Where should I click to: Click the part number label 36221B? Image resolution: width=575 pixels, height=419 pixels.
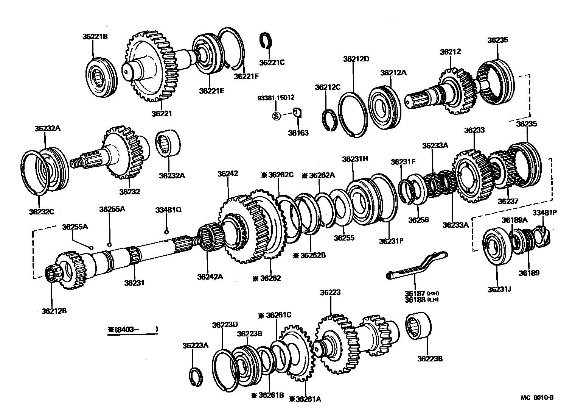[95, 37]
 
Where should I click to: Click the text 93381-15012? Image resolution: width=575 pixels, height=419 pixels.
[276, 98]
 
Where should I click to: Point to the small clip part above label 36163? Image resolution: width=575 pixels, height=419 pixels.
[298, 113]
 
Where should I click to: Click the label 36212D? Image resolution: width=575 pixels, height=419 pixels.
[356, 59]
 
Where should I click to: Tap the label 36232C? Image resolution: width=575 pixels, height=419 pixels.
[41, 211]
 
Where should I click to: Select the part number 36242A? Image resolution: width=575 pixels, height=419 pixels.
[210, 277]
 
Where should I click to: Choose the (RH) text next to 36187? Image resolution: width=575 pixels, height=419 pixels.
[433, 293]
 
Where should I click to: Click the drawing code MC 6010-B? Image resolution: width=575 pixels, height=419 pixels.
[537, 397]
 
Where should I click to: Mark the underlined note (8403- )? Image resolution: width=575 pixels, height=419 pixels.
[133, 330]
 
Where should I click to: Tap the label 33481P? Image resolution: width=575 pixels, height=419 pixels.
[544, 213]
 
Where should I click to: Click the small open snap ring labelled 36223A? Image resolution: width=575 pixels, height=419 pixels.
[196, 378]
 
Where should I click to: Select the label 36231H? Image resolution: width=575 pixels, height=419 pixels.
[355, 159]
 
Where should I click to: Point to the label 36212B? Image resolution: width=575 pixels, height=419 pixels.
[54, 311]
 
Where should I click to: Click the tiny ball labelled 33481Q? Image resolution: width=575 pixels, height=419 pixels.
[166, 232]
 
